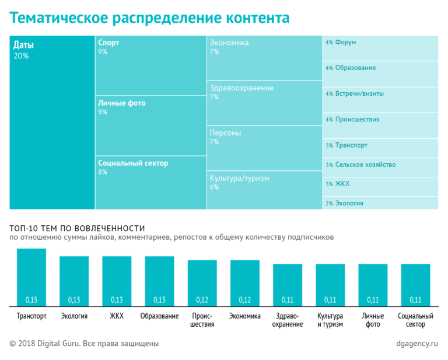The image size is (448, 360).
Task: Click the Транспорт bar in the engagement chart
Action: (32, 277)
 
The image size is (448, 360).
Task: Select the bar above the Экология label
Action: (74, 281)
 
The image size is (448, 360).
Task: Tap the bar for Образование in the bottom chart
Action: (159, 281)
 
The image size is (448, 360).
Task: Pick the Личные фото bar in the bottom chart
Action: (373, 285)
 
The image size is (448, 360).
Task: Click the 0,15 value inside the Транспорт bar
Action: (32, 300)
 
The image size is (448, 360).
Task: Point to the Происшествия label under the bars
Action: (202, 320)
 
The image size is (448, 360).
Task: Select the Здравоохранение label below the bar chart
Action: (288, 320)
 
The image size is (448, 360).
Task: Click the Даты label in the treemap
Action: (23, 45)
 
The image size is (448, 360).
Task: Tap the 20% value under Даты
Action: (21, 56)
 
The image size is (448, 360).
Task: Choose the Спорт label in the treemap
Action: (109, 43)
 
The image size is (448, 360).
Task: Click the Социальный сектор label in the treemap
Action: (133, 163)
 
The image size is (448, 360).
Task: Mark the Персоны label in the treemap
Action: (225, 133)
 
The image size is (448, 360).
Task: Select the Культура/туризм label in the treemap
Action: (239, 178)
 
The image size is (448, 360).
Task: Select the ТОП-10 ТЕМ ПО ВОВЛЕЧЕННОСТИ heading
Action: (77, 228)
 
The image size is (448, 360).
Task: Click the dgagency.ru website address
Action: (416, 344)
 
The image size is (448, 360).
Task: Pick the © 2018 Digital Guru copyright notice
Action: (84, 344)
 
